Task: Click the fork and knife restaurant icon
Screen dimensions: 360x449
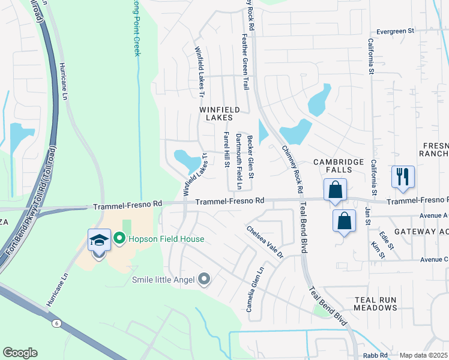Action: pyautogui.click(x=402, y=176)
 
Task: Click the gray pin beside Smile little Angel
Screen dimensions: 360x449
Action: pyautogui.click(x=204, y=278)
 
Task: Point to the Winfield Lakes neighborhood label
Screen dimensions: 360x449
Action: pyautogui.click(x=219, y=114)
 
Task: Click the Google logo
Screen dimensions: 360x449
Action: pyautogui.click(x=20, y=352)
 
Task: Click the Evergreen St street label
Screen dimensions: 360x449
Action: pyautogui.click(x=396, y=31)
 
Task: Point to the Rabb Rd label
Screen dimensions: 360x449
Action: pyautogui.click(x=375, y=355)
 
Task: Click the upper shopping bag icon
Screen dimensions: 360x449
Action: pyautogui.click(x=335, y=190)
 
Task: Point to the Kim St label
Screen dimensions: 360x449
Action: pyautogui.click(x=378, y=250)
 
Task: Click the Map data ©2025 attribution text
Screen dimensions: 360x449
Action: pyautogui.click(x=423, y=355)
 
